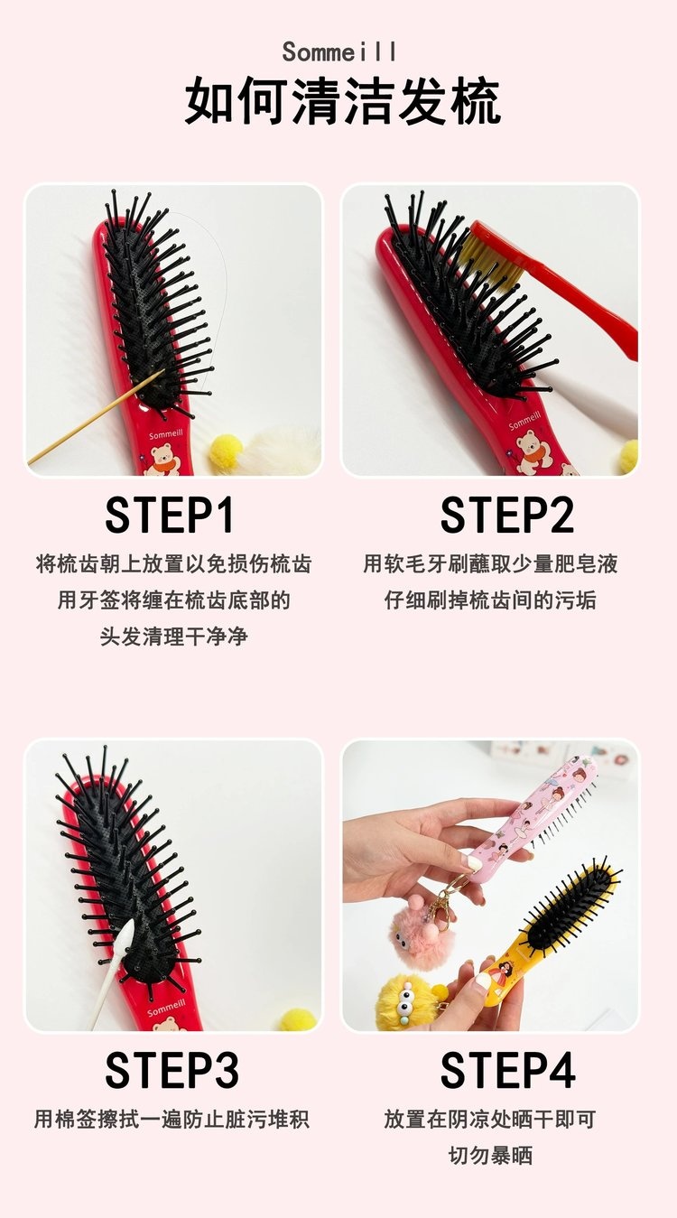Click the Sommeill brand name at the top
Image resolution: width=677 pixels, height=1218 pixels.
point(338,52)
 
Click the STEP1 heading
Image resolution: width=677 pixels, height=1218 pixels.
point(170,515)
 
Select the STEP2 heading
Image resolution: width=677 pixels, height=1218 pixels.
point(506,515)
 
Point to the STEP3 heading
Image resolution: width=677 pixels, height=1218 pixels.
point(172,1070)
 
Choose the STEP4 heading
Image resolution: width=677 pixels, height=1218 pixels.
point(507,1070)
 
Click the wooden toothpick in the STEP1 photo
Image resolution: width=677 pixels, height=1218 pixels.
point(95,417)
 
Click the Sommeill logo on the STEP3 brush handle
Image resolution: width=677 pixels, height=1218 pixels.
point(166,1007)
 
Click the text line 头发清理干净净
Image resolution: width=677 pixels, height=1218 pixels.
point(174,636)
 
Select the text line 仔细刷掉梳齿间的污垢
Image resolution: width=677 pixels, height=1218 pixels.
point(490,600)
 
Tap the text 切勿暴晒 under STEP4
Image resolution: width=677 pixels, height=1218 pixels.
point(490,1155)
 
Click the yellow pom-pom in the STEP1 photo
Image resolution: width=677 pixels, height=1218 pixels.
point(227,451)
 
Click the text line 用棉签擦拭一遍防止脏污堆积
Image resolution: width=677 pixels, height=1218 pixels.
point(172,1119)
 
